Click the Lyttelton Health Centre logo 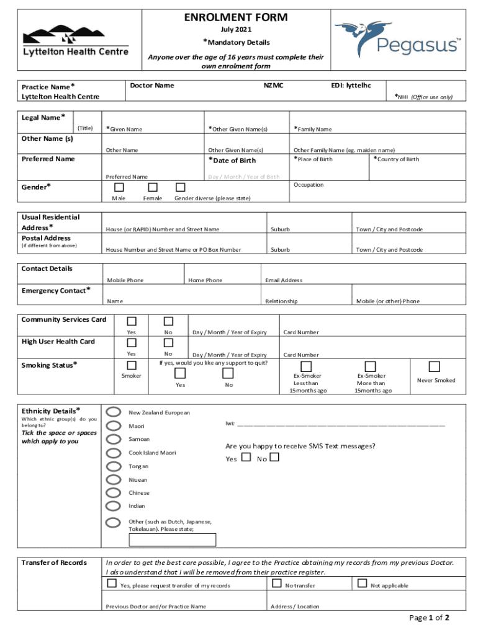(x=76, y=41)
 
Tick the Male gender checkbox (x=119, y=187)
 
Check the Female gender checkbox (x=153, y=187)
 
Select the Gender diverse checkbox (x=181, y=187)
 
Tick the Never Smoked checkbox (x=435, y=366)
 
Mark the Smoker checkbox (x=132, y=365)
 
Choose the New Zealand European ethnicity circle (x=114, y=412)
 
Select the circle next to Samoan (x=114, y=439)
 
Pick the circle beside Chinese (x=114, y=493)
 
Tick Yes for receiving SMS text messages (x=246, y=458)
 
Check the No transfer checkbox (x=276, y=583)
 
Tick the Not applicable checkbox (x=363, y=583)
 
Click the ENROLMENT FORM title (x=236, y=17)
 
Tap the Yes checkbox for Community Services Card (x=132, y=321)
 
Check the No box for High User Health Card (x=168, y=342)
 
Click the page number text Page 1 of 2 (x=429, y=618)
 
